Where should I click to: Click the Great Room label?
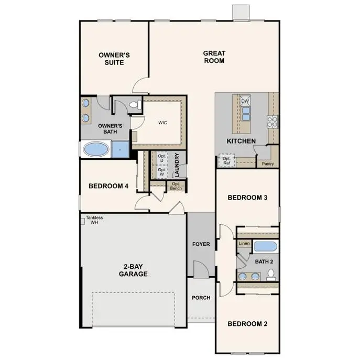click(214, 57)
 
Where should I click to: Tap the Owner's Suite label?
click(114, 59)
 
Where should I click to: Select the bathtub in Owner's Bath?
click(96, 150)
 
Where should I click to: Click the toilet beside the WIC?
click(134, 105)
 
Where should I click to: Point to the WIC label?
click(163, 122)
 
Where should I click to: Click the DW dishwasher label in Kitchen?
click(245, 101)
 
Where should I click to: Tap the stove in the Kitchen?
click(272, 122)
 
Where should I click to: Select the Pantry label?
click(268, 164)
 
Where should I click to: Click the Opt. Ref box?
click(227, 161)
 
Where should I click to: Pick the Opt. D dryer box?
click(161, 158)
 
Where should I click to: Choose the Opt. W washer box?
click(161, 172)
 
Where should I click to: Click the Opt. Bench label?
click(176, 186)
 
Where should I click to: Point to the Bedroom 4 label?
click(108, 186)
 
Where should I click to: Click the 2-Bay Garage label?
click(133, 269)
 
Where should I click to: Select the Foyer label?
click(201, 244)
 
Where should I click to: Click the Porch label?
click(201, 298)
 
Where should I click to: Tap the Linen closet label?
click(244, 244)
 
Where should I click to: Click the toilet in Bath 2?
click(271, 274)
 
